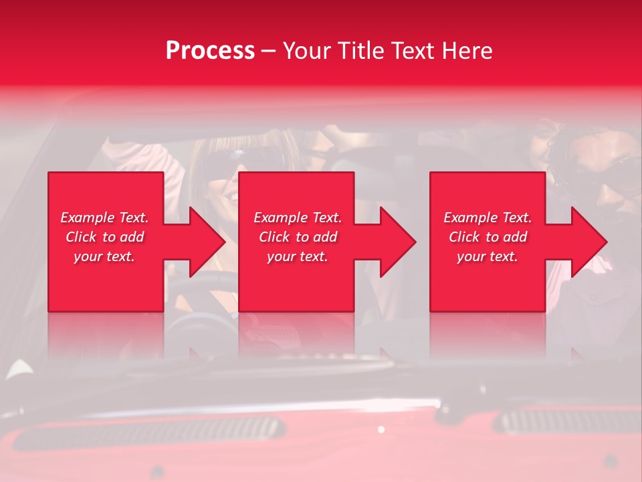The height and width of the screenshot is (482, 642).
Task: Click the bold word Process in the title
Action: [x=210, y=51]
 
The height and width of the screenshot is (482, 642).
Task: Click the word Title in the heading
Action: [x=359, y=51]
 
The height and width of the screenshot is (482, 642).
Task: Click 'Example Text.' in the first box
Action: [x=104, y=218]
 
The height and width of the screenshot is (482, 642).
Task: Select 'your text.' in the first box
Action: [x=104, y=256]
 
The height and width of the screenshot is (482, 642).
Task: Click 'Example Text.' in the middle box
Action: [x=298, y=218]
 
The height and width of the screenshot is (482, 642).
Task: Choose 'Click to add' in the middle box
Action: [x=298, y=237]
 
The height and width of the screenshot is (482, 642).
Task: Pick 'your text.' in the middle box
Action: [x=298, y=256]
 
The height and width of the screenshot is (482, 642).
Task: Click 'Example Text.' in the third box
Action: [x=488, y=218]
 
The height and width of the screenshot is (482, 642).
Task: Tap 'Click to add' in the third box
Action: [x=488, y=237]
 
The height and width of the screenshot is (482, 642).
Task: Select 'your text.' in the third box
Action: [x=488, y=256]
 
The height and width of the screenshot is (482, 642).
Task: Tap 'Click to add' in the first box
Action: [x=104, y=237]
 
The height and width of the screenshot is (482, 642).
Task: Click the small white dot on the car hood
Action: [x=381, y=429]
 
